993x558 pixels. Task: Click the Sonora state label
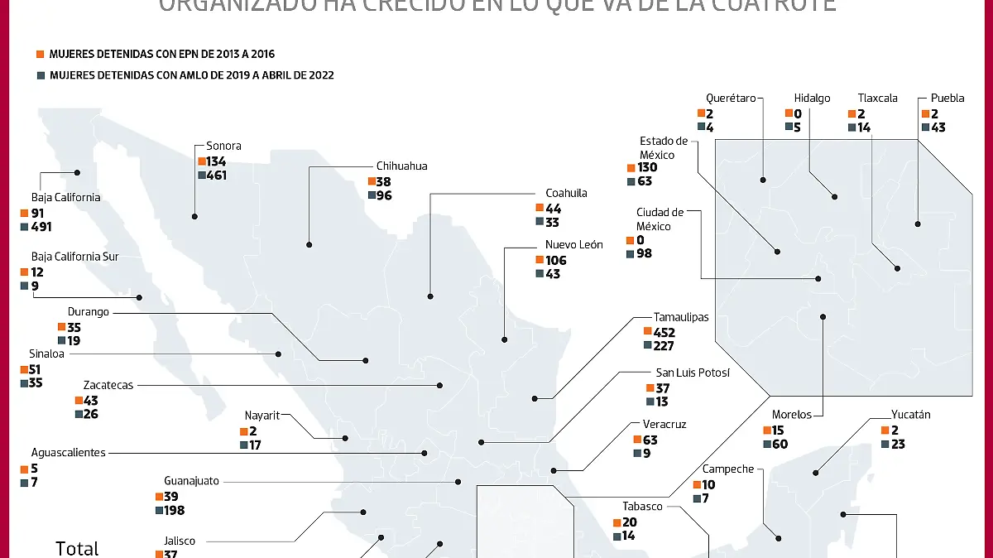223,147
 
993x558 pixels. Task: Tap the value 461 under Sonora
218,176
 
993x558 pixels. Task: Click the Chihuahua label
401,166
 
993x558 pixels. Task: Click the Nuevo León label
573,245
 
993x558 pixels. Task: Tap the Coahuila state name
566,193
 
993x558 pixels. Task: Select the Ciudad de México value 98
644,254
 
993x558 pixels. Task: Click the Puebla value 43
938,128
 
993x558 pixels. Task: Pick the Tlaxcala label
877,98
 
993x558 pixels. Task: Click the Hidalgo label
812,98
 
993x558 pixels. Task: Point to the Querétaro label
731,98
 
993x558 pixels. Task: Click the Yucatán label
910,415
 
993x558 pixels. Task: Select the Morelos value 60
780,445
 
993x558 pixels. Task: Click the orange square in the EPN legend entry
39,54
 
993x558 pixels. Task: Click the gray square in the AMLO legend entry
39,75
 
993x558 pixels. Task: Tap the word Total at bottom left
77,548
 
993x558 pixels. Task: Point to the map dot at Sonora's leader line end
194,216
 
